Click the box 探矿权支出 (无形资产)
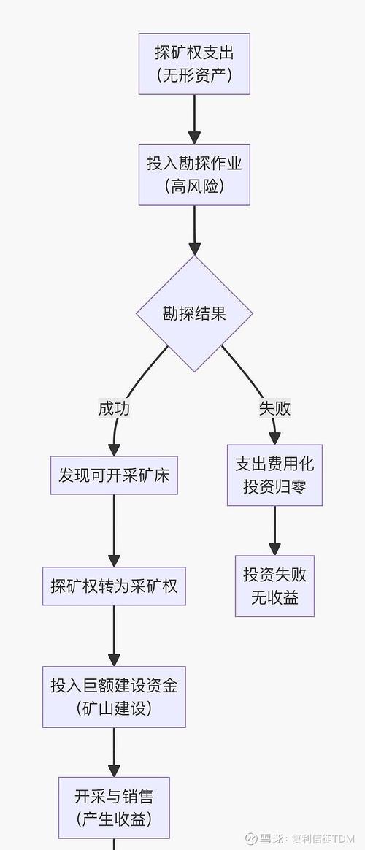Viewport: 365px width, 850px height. click(194, 64)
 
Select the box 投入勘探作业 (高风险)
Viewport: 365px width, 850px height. click(194, 175)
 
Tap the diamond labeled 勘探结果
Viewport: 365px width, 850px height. click(194, 313)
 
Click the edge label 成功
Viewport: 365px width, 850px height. click(114, 408)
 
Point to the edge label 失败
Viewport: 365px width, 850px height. click(274, 408)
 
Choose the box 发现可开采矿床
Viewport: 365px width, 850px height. click(114, 475)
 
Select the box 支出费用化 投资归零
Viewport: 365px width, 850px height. click(274, 475)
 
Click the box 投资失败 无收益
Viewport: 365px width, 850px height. click(274, 586)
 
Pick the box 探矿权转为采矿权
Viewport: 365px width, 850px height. click(114, 586)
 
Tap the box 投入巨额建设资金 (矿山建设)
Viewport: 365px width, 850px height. click(114, 696)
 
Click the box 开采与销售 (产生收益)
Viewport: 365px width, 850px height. click(114, 807)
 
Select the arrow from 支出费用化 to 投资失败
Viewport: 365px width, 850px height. click(274, 530)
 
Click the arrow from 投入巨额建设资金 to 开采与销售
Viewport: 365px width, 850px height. click(114, 752)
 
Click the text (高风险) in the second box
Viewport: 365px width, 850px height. click(194, 186)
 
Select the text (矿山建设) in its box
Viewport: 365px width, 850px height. click(114, 708)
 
